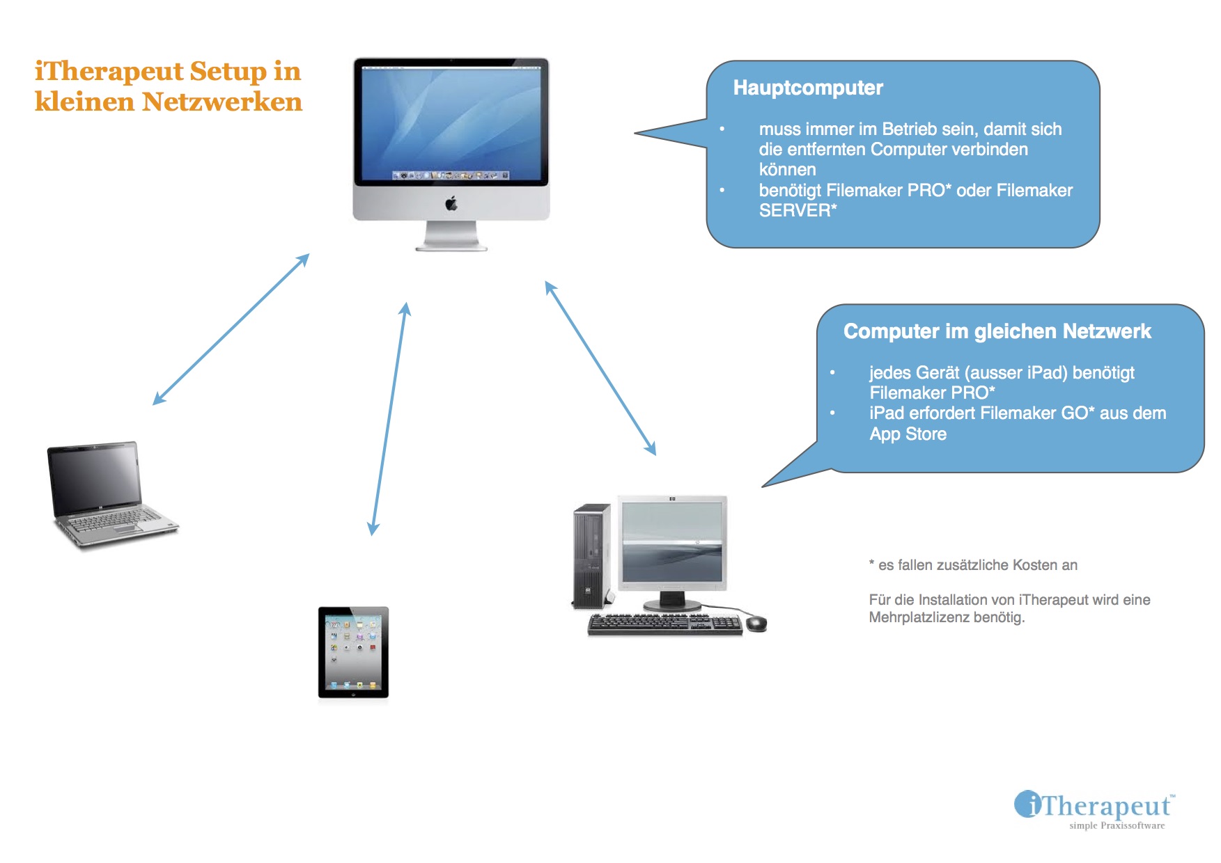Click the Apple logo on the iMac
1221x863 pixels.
(x=451, y=203)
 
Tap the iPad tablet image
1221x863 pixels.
(x=353, y=652)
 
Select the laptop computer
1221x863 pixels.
(x=110, y=495)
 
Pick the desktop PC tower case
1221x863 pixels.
(x=591, y=556)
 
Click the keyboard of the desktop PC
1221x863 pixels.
(x=664, y=624)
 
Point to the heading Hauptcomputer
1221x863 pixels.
(x=808, y=88)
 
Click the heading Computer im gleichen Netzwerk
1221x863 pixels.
(x=997, y=331)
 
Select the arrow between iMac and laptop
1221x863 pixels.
(x=231, y=329)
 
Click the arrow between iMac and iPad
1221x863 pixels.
(x=389, y=418)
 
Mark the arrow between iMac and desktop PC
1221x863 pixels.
(x=600, y=368)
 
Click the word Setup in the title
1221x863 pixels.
(x=228, y=71)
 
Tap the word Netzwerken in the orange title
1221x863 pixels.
(x=222, y=102)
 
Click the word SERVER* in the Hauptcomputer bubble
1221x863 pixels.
(x=798, y=210)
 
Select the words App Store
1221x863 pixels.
(x=908, y=434)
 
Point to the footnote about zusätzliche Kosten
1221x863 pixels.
(x=973, y=565)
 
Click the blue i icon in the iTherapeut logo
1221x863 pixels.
(x=1027, y=805)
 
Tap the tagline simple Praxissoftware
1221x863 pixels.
(x=1117, y=825)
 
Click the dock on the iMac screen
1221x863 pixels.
(x=451, y=175)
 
